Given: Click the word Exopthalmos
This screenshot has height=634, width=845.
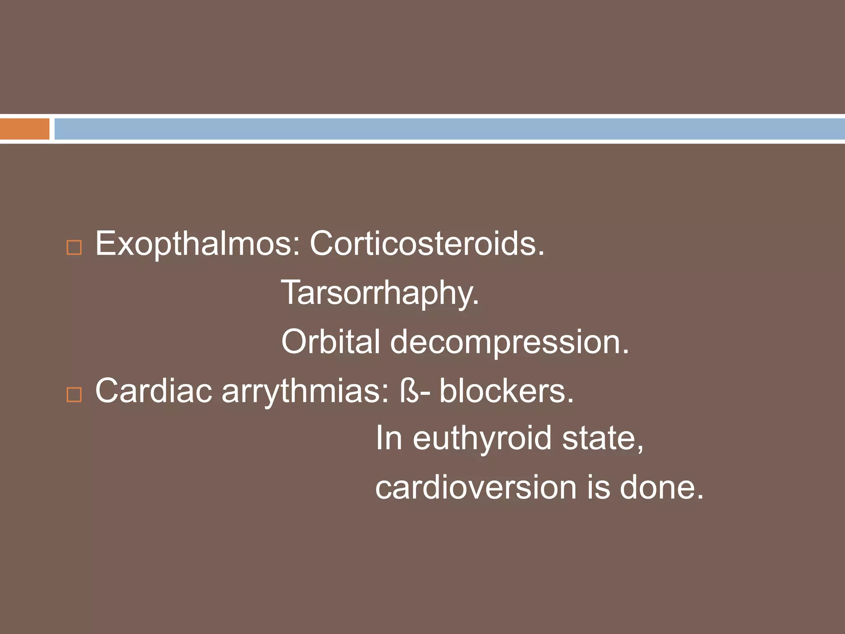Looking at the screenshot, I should click(194, 244).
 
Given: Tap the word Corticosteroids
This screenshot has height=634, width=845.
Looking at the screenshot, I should click(427, 244).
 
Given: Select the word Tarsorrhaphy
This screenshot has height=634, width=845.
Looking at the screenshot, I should click(380, 293).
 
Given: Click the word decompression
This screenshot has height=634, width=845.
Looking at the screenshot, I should click(509, 342).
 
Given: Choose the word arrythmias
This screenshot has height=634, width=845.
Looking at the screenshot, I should click(305, 391).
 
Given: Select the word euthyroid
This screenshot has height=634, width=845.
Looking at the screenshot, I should click(482, 439).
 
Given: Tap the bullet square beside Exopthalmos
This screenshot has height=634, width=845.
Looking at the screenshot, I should click(74, 248).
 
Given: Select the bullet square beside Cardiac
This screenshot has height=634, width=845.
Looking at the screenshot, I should click(74, 395).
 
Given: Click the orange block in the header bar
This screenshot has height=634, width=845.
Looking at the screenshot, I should click(25, 129).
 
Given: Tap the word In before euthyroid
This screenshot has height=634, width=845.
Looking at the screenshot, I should click(388, 439).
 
